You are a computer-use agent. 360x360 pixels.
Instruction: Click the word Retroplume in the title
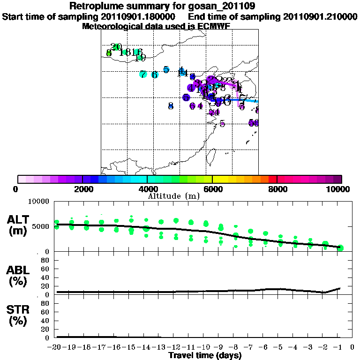pos(92,6)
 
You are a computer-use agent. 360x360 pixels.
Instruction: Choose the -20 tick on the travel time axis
pos(56,347)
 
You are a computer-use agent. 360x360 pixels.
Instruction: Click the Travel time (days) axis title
pos(205,355)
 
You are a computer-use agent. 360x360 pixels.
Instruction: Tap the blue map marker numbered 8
pos(171,106)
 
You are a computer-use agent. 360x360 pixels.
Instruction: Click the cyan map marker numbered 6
pos(155,75)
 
